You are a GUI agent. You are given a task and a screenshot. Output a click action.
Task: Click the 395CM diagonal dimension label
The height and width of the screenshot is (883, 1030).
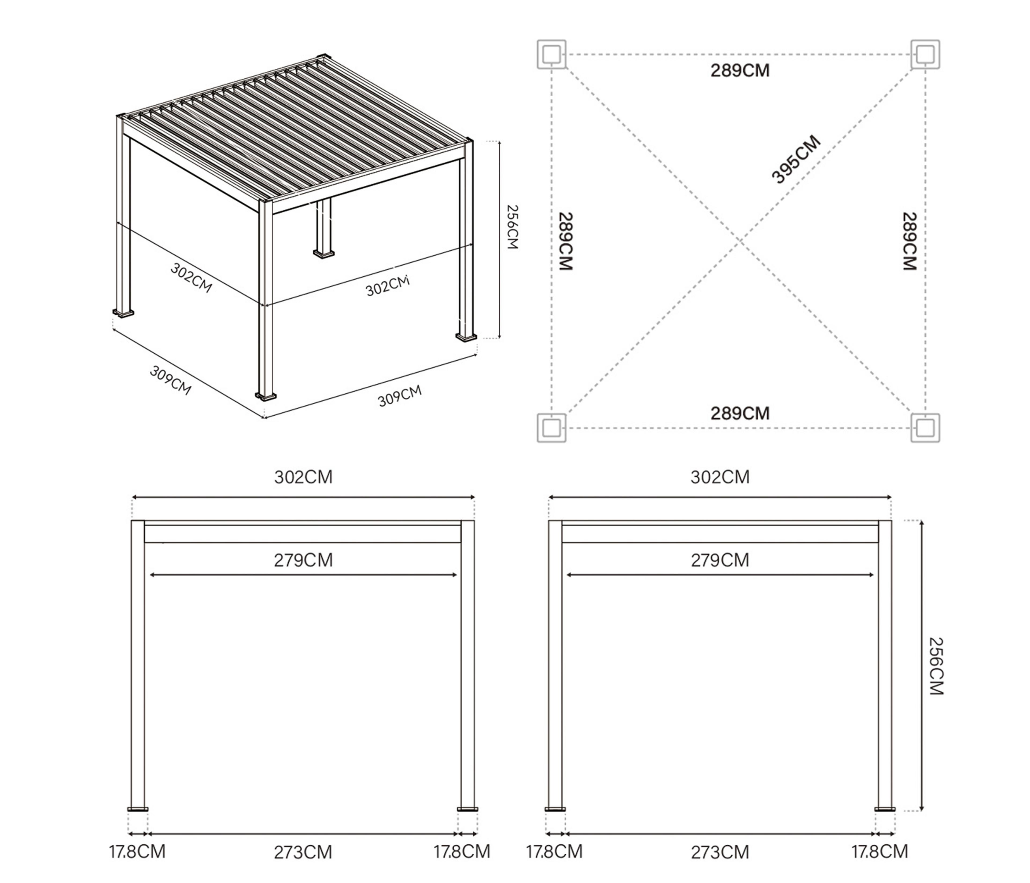click(x=796, y=159)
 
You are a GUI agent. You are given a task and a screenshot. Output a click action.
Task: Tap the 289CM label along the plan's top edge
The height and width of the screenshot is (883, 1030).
click(x=740, y=71)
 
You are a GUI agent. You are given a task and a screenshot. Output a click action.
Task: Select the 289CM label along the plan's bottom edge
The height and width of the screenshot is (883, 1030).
click(x=740, y=413)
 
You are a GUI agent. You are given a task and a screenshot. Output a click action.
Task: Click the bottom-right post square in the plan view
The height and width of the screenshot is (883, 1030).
click(x=925, y=428)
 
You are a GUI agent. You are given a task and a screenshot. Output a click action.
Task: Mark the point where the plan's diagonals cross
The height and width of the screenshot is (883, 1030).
click(x=739, y=241)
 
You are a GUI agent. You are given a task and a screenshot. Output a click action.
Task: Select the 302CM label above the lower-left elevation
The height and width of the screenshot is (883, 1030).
click(x=303, y=477)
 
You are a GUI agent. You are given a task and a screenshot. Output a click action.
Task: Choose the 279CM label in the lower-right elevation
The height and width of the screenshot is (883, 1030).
click(x=720, y=560)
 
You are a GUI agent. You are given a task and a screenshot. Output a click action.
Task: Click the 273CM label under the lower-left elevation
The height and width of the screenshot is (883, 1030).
click(x=303, y=852)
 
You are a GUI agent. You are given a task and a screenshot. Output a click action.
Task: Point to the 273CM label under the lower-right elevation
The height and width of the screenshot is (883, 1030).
click(x=720, y=852)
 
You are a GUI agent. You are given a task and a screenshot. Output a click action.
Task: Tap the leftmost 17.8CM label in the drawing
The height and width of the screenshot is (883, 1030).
click(x=137, y=851)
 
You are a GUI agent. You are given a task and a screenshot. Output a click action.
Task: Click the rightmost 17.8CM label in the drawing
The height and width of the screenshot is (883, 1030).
click(x=880, y=851)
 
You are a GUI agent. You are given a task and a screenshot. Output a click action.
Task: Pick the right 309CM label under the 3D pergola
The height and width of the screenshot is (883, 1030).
click(x=400, y=396)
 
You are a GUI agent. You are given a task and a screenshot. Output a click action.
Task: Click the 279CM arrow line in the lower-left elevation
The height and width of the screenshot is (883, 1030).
click(x=303, y=575)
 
